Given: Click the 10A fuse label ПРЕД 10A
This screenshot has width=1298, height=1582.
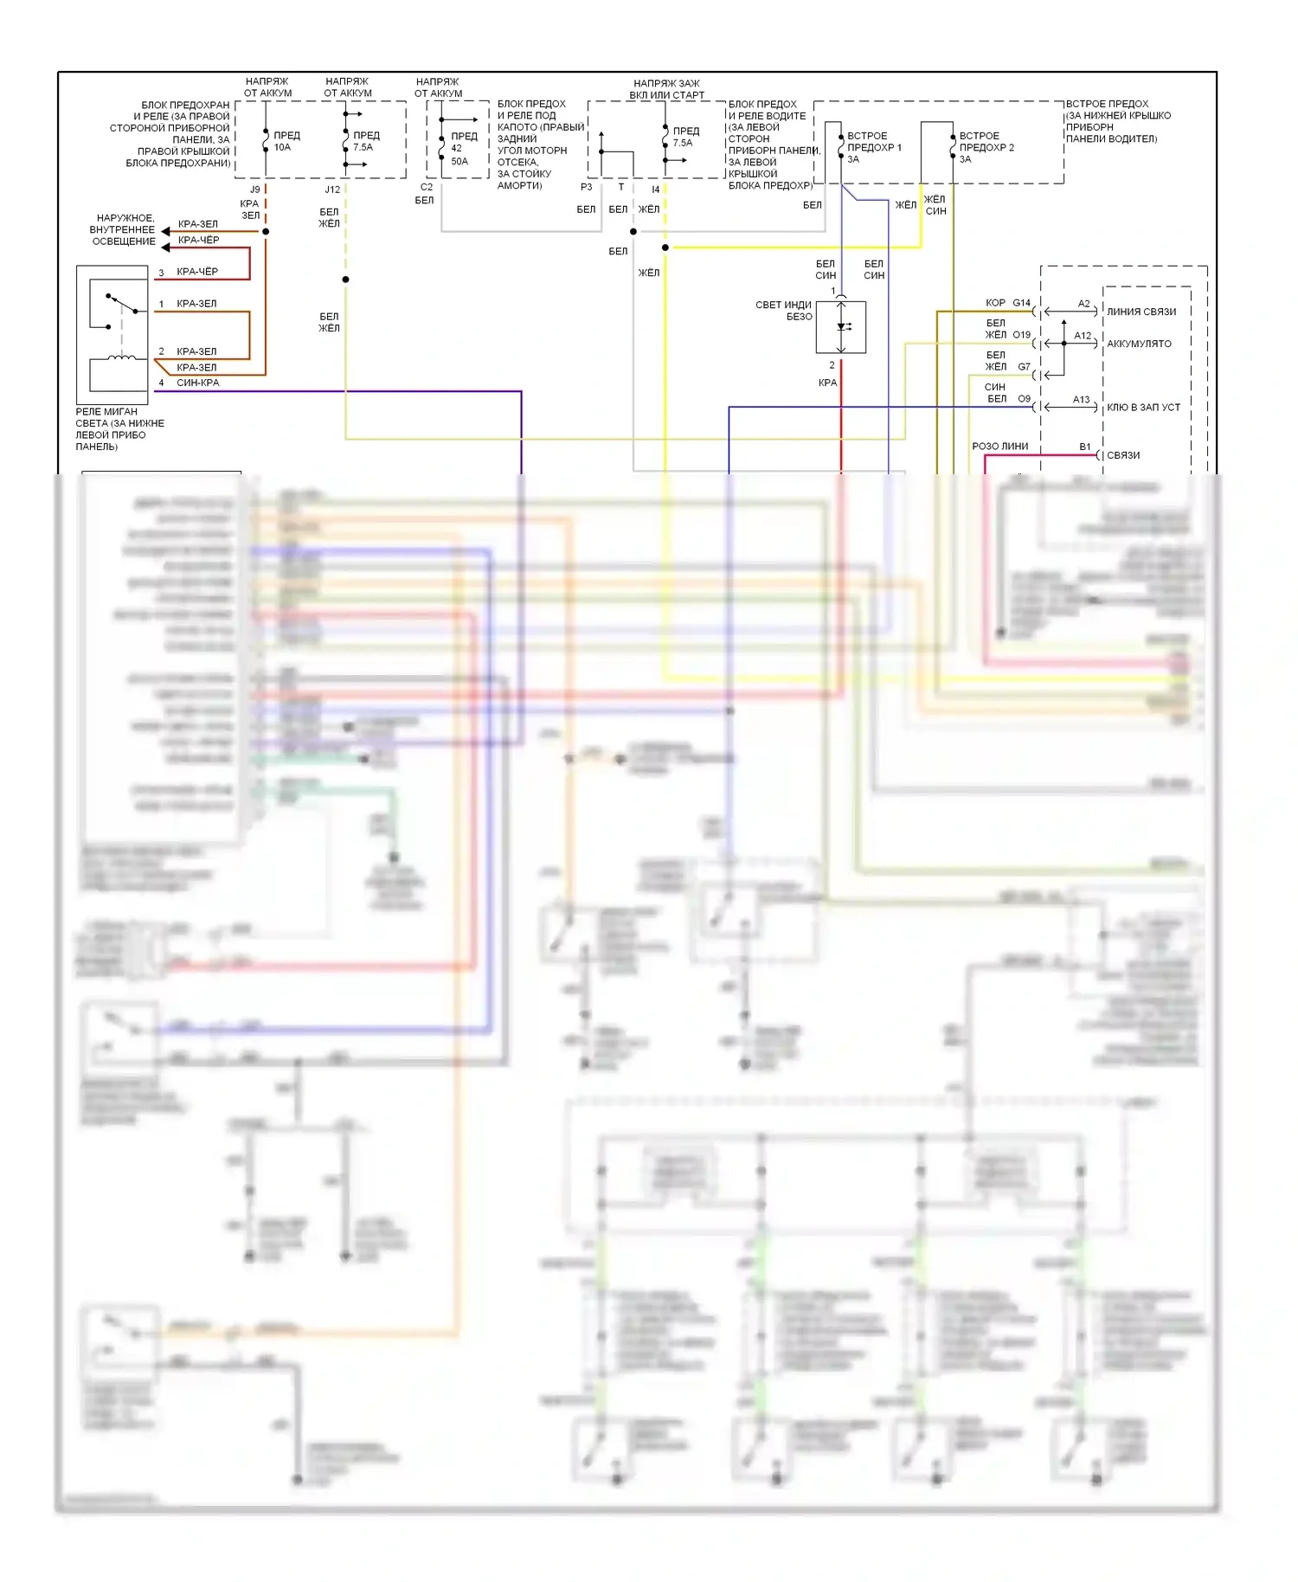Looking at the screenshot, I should tap(286, 141).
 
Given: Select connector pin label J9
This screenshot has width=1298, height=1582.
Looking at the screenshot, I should tap(254, 189).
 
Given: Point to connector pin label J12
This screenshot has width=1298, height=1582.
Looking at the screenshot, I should tap(332, 189).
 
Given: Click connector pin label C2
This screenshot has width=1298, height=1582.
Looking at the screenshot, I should tap(427, 187).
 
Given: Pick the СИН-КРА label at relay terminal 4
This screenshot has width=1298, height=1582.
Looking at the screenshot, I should tap(197, 383).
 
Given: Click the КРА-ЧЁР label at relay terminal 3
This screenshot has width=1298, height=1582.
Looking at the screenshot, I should tap(197, 272).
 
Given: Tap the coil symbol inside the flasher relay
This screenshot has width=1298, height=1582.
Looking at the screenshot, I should tap(121, 357).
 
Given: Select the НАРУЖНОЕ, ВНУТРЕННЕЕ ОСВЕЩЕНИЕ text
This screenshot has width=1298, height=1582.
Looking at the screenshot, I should tap(124, 229).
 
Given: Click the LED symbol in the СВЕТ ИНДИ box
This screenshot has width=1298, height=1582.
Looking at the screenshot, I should tap(841, 326).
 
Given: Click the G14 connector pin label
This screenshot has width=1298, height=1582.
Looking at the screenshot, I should tap(1022, 303).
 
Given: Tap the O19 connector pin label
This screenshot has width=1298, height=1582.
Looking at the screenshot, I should tap(1022, 334).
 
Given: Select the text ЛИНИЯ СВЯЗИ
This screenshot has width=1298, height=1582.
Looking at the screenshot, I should tap(1141, 312).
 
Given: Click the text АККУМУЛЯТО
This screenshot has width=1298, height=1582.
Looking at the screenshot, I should tap(1139, 344).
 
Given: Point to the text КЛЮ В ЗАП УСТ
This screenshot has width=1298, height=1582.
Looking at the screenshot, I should tap(1143, 407).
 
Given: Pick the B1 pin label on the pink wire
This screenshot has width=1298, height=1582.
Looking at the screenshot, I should tap(1084, 447).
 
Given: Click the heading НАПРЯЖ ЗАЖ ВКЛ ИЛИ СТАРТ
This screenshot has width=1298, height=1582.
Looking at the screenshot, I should tap(666, 89).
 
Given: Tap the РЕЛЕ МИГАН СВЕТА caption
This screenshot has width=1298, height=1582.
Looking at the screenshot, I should tap(119, 428).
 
